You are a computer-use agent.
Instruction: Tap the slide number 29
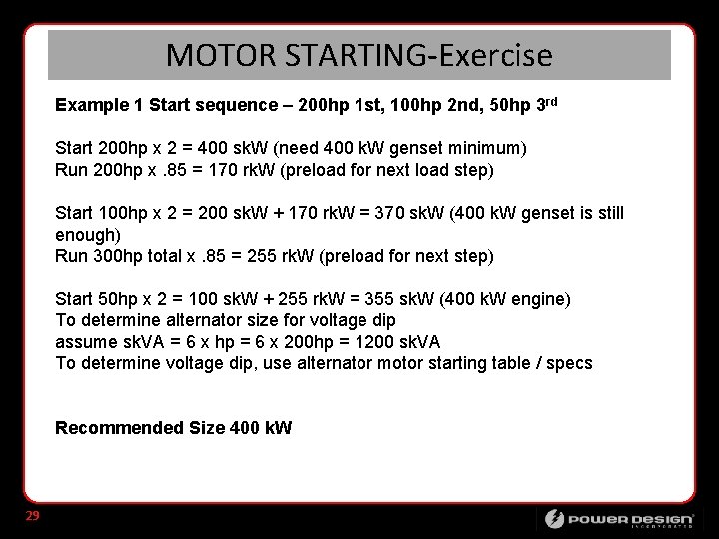[32, 516]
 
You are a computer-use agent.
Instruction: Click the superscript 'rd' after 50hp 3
[550, 101]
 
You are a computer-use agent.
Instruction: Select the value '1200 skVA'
[384, 341]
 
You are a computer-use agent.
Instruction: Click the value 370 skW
[392, 213]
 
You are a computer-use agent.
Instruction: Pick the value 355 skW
[394, 299]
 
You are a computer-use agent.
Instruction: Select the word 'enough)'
[88, 234]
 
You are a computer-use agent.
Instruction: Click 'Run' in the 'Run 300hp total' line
[71, 256]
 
